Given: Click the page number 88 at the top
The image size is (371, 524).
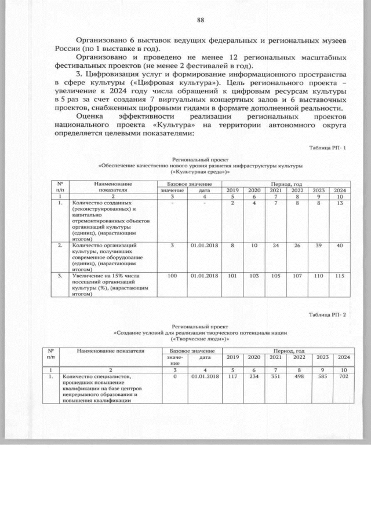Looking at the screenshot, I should (x=201, y=20).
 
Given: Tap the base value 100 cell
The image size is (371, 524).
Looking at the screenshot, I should (x=172, y=276).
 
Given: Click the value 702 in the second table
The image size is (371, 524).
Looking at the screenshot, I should (x=343, y=376).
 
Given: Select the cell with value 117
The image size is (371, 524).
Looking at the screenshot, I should (x=233, y=376).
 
